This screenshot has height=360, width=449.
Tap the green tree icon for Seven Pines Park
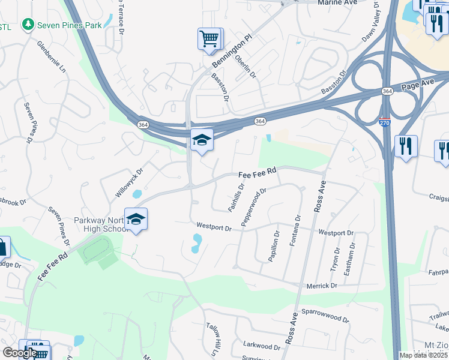[27, 25]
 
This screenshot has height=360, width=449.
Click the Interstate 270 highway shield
[384, 122]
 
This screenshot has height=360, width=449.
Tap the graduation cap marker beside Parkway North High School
[136, 220]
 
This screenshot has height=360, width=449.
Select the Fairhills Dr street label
[236, 197]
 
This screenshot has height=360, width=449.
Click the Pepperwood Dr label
[253, 207]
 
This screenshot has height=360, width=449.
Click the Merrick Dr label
[321, 286]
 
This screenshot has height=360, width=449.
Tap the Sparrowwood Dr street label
[325, 315]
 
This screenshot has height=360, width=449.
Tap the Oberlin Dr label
[246, 67]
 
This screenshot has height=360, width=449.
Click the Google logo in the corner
[20, 353]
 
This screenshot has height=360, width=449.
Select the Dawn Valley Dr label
[370, 23]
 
